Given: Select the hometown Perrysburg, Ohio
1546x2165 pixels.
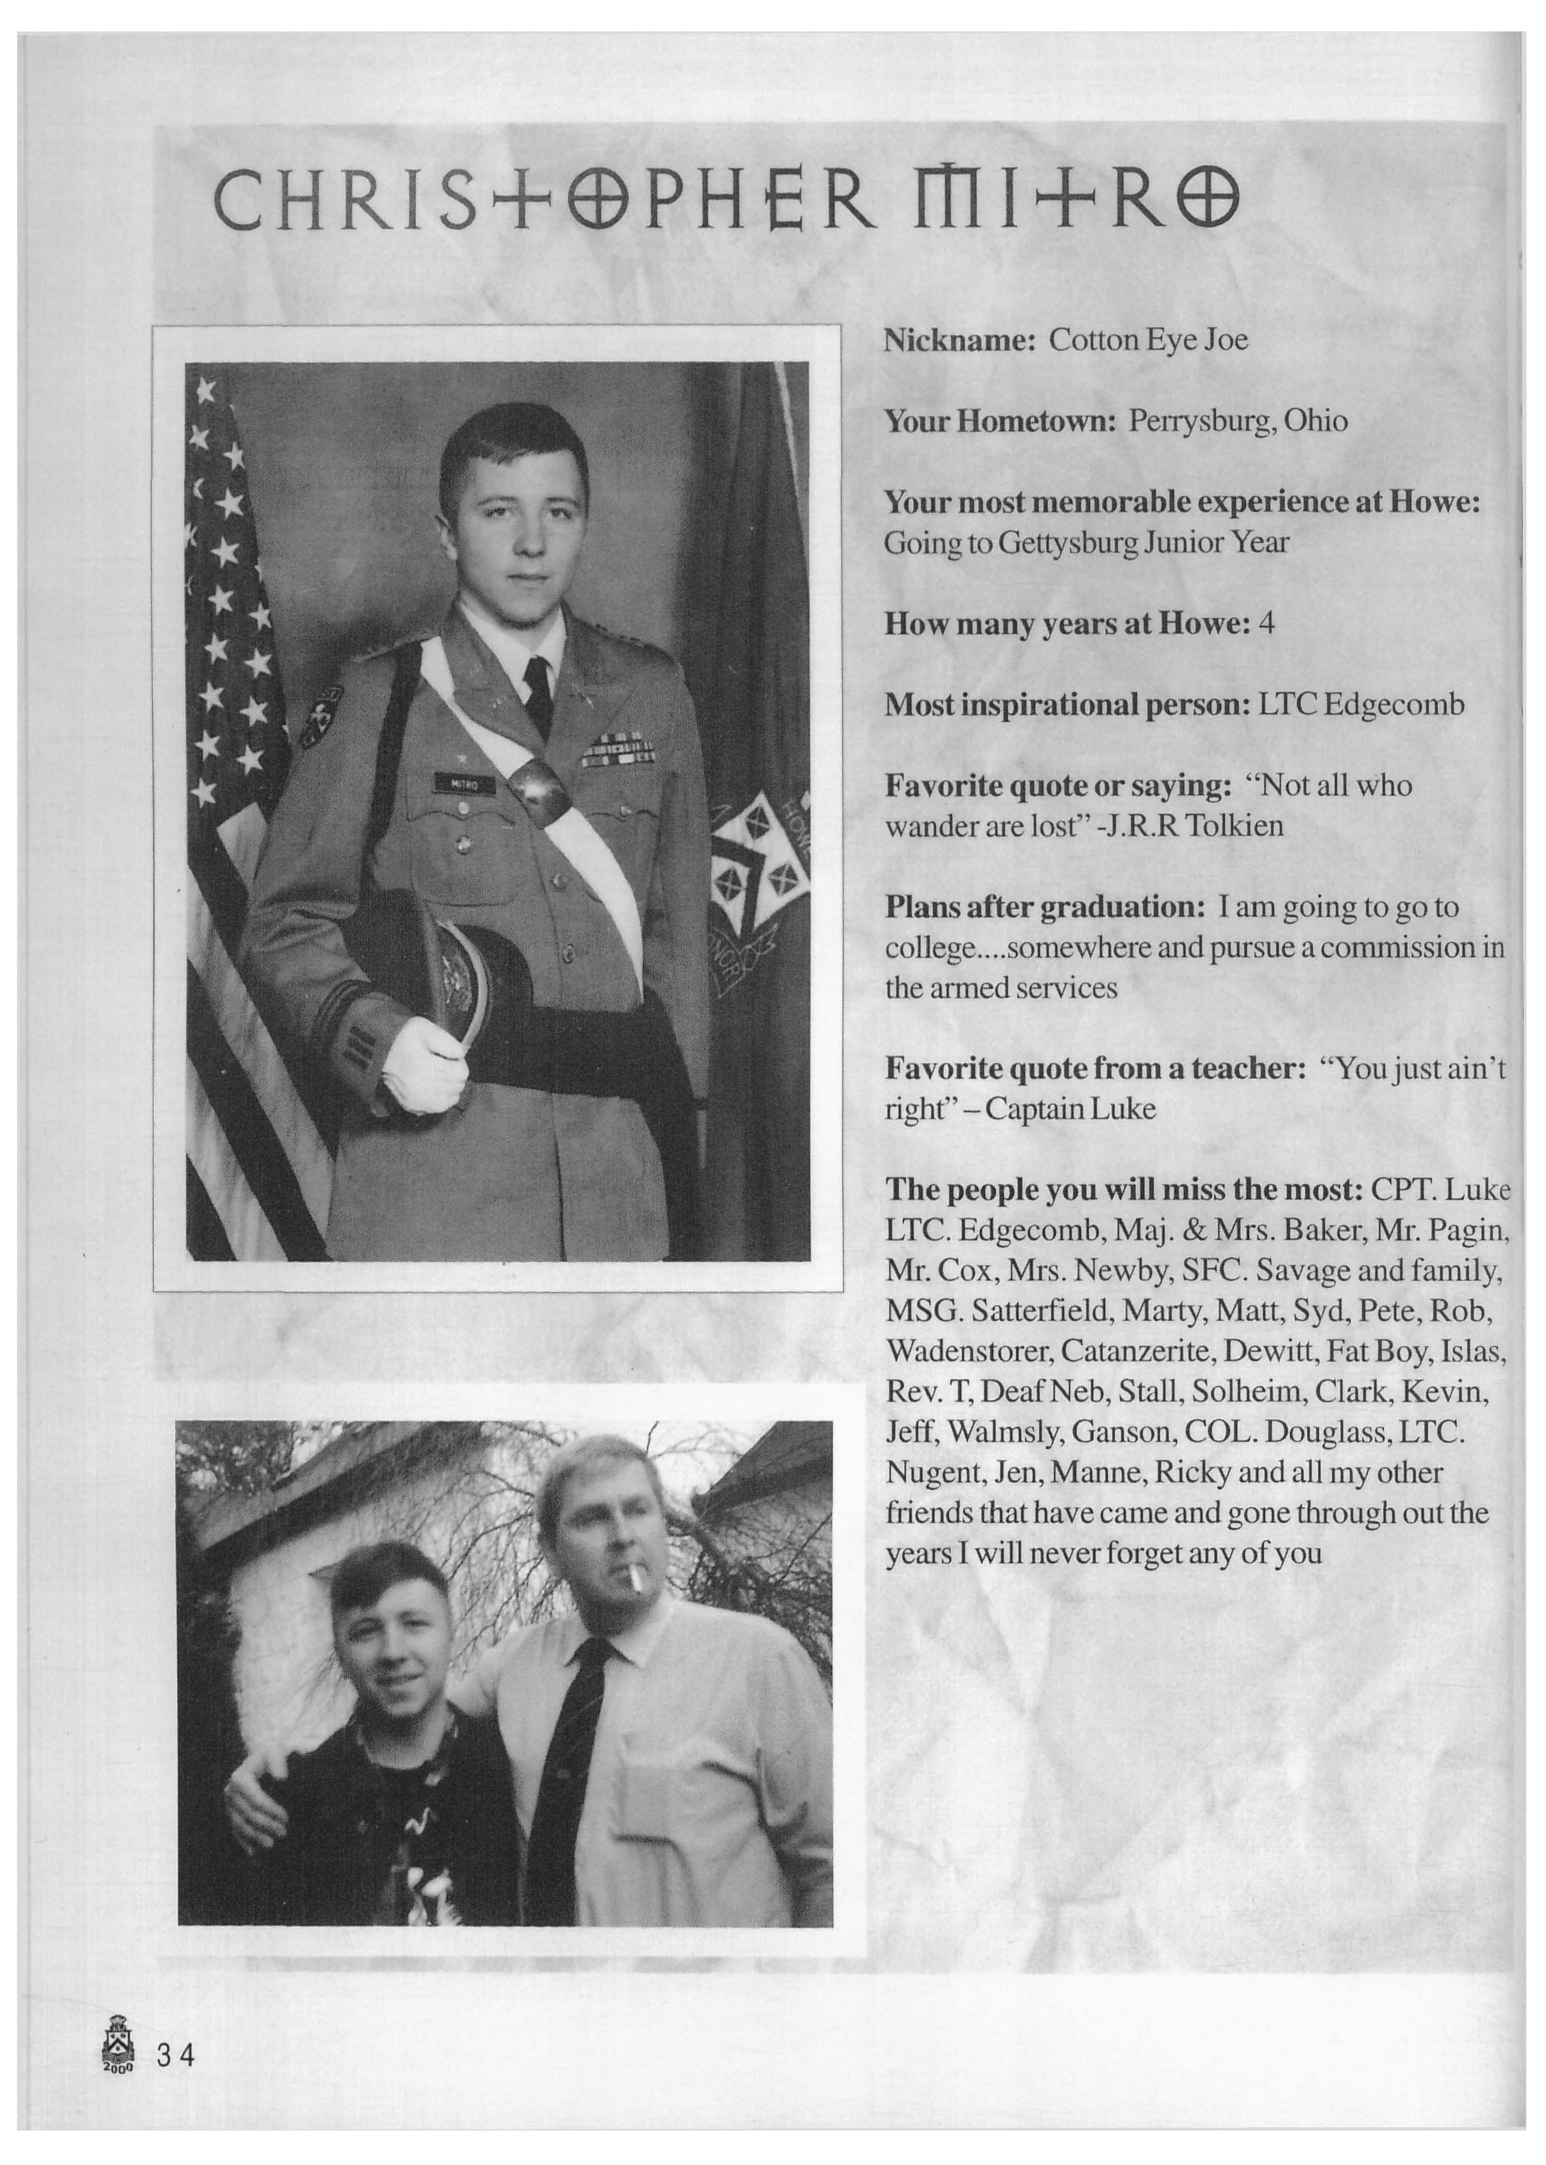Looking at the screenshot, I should (x=1237, y=421).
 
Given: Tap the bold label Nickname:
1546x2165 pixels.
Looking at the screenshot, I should (x=959, y=340).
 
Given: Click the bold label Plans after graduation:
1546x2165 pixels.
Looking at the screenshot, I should (x=1045, y=906).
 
